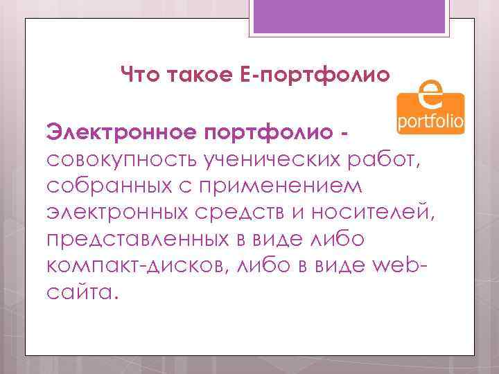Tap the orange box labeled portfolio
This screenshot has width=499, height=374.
[430, 123]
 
